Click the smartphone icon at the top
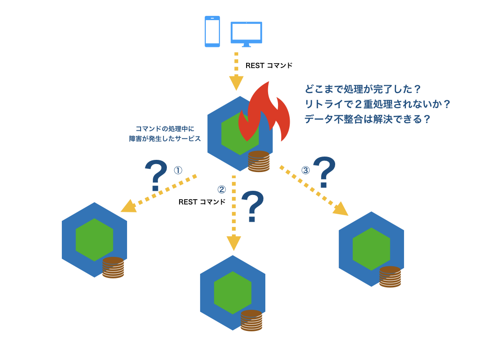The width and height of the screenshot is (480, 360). pos(212,31)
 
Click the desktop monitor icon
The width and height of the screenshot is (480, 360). pos(246,33)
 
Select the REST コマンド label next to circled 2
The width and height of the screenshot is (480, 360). pos(202,202)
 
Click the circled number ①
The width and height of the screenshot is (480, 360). pos(178,170)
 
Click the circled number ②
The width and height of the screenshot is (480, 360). pos(222,189)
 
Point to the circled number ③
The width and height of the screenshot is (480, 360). pos(306,170)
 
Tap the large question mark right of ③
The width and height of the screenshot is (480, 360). pos(324,172)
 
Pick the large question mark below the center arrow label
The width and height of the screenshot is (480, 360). pos(253,206)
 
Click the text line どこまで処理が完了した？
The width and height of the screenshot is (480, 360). pos(363,89)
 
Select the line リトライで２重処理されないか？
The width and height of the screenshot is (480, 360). pos(377,104)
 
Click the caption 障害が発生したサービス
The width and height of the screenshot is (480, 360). pos(165,139)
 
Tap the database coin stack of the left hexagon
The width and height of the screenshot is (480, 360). pos(113,268)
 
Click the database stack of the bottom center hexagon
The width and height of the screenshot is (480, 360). pos(251,321)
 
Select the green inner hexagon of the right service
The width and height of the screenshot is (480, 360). pos(371,249)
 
